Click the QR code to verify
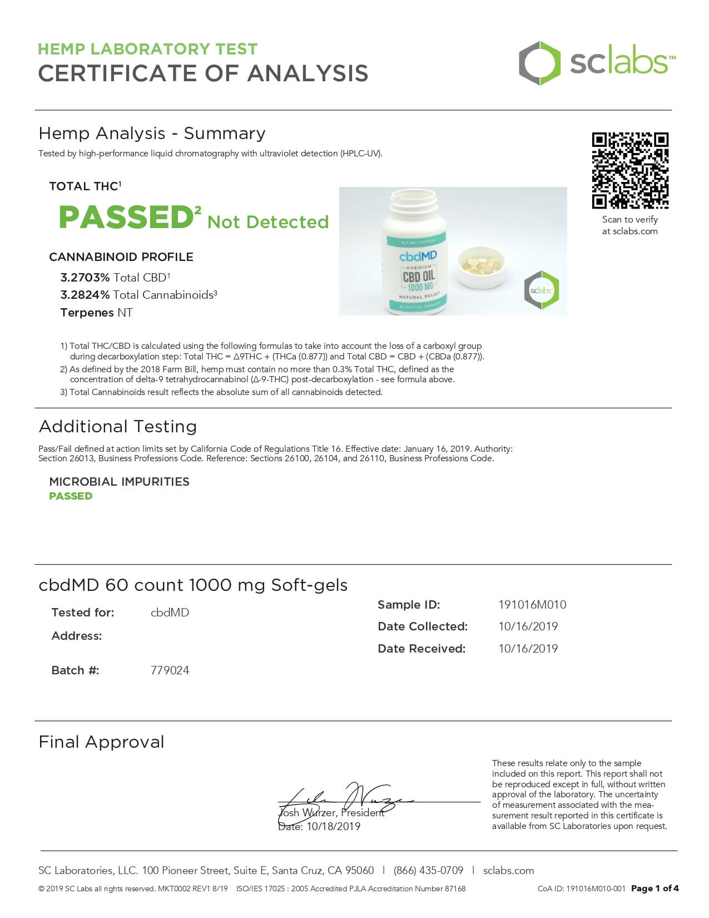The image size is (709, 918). click(629, 171)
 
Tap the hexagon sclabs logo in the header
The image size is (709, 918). click(539, 63)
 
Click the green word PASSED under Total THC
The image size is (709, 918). click(126, 218)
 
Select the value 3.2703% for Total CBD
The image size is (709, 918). click(85, 278)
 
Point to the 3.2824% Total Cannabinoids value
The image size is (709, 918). click(85, 295)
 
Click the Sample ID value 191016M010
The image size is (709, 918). click(532, 605)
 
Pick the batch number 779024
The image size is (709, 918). click(170, 670)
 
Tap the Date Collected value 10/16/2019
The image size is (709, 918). click(528, 626)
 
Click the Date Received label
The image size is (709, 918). click(422, 649)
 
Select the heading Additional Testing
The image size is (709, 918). click(118, 427)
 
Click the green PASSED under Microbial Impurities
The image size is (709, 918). click(71, 496)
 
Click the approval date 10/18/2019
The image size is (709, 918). click(333, 827)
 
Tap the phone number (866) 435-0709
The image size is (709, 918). click(428, 871)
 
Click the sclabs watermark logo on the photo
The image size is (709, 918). click(541, 290)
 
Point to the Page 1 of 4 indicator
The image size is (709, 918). click(655, 889)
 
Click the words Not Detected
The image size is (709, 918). click(268, 222)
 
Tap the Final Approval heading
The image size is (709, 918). click(101, 742)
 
